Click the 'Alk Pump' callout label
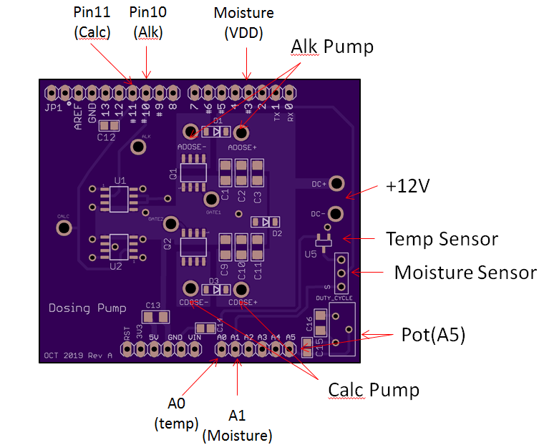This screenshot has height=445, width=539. [x=332, y=47]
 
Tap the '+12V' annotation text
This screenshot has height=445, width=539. [x=407, y=186]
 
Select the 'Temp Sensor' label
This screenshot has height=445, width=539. [x=442, y=238]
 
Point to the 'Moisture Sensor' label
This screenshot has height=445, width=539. [x=465, y=273]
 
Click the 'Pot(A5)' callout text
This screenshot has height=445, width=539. [x=433, y=336]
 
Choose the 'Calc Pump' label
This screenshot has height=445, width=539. [x=373, y=390]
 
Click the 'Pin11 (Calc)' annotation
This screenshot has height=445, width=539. [x=92, y=22]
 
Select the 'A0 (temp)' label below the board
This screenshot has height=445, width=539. [x=176, y=414]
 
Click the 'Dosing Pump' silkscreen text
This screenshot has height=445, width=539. [x=87, y=308]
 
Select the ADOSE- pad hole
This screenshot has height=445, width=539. [x=191, y=132]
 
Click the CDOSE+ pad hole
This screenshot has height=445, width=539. [x=242, y=289]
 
